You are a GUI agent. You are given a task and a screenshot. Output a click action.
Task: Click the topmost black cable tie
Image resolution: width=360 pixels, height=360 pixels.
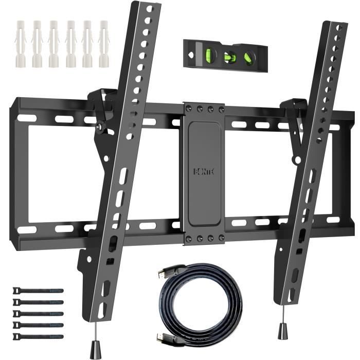point(38,291)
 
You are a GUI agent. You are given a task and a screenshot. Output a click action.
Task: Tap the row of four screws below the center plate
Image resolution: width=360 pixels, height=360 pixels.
point(205,238)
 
